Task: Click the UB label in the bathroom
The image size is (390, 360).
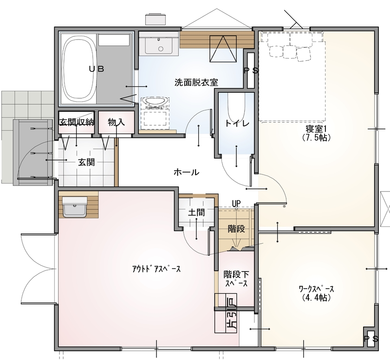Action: [x=97, y=69]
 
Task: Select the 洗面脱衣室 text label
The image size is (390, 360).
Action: [x=196, y=82]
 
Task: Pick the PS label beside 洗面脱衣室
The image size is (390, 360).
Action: [x=251, y=71]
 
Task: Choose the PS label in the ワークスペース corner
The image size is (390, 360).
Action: [x=370, y=339]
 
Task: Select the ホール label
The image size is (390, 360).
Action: [x=186, y=172]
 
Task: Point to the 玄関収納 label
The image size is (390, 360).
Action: [x=77, y=122]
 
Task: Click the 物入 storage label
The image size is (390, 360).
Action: [x=116, y=122]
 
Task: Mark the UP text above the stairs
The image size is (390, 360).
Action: [x=236, y=203]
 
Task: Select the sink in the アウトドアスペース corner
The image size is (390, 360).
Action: [x=75, y=206]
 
